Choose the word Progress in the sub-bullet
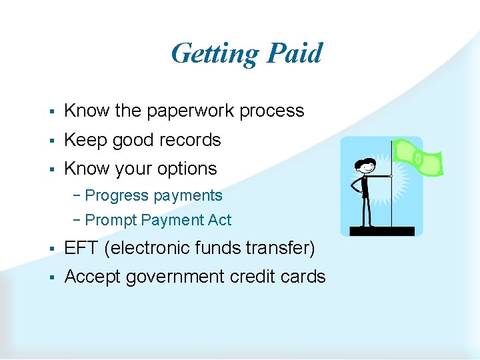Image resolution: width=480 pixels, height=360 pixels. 117,196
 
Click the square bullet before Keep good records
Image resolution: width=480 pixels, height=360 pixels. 51,141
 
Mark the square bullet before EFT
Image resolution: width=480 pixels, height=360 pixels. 51,249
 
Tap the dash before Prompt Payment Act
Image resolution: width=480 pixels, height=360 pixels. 79,220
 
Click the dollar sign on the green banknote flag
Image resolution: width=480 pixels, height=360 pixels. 417,158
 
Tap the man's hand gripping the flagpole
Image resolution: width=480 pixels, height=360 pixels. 391,176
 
